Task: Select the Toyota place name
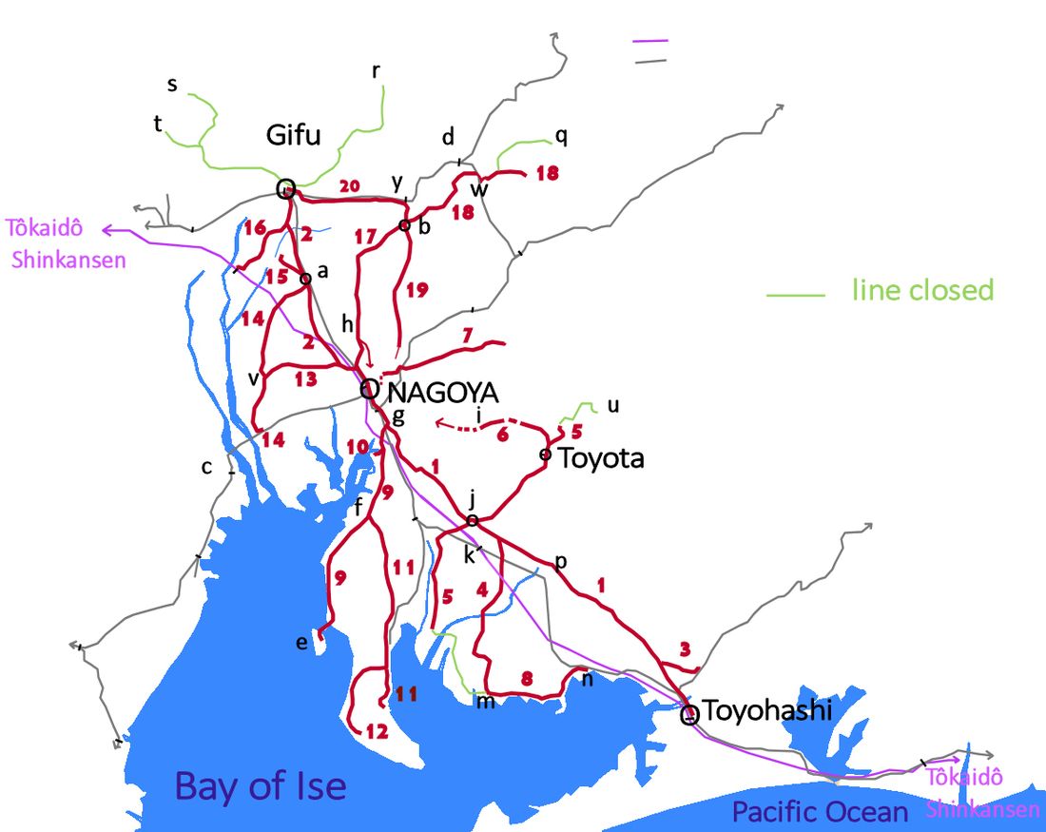[601, 458]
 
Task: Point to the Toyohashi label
[767, 710]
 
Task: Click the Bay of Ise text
[261, 786]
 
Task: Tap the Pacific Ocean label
[820, 811]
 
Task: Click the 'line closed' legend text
[922, 290]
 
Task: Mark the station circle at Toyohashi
[690, 714]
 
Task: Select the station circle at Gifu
[285, 189]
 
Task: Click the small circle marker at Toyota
[545, 455]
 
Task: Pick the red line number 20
[350, 186]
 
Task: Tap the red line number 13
[305, 379]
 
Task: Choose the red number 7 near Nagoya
[467, 335]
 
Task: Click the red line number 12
[377, 731]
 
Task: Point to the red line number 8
[528, 679]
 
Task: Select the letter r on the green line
[376, 71]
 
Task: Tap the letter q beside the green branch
[562, 136]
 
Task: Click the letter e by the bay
[301, 643]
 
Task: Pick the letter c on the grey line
[206, 466]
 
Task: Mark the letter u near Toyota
[612, 406]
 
